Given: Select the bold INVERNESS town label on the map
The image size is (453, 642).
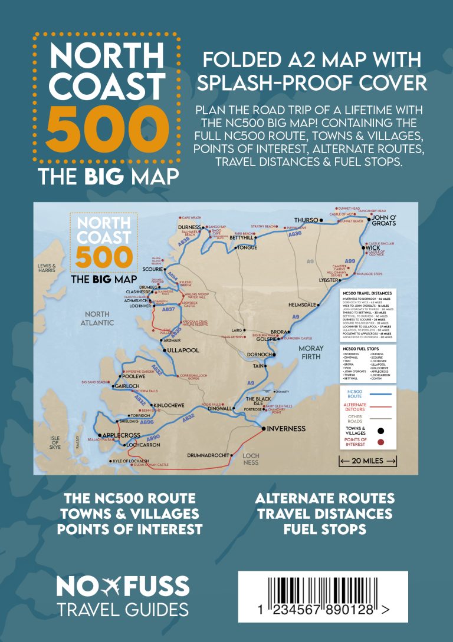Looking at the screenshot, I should click(x=286, y=428).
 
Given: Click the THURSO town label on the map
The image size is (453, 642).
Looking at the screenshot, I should click(x=306, y=220).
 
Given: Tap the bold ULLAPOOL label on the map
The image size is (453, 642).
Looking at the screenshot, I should click(x=183, y=350).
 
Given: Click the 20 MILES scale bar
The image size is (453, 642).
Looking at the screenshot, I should click(x=367, y=460).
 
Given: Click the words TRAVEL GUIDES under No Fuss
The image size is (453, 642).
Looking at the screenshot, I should click(x=123, y=609).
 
